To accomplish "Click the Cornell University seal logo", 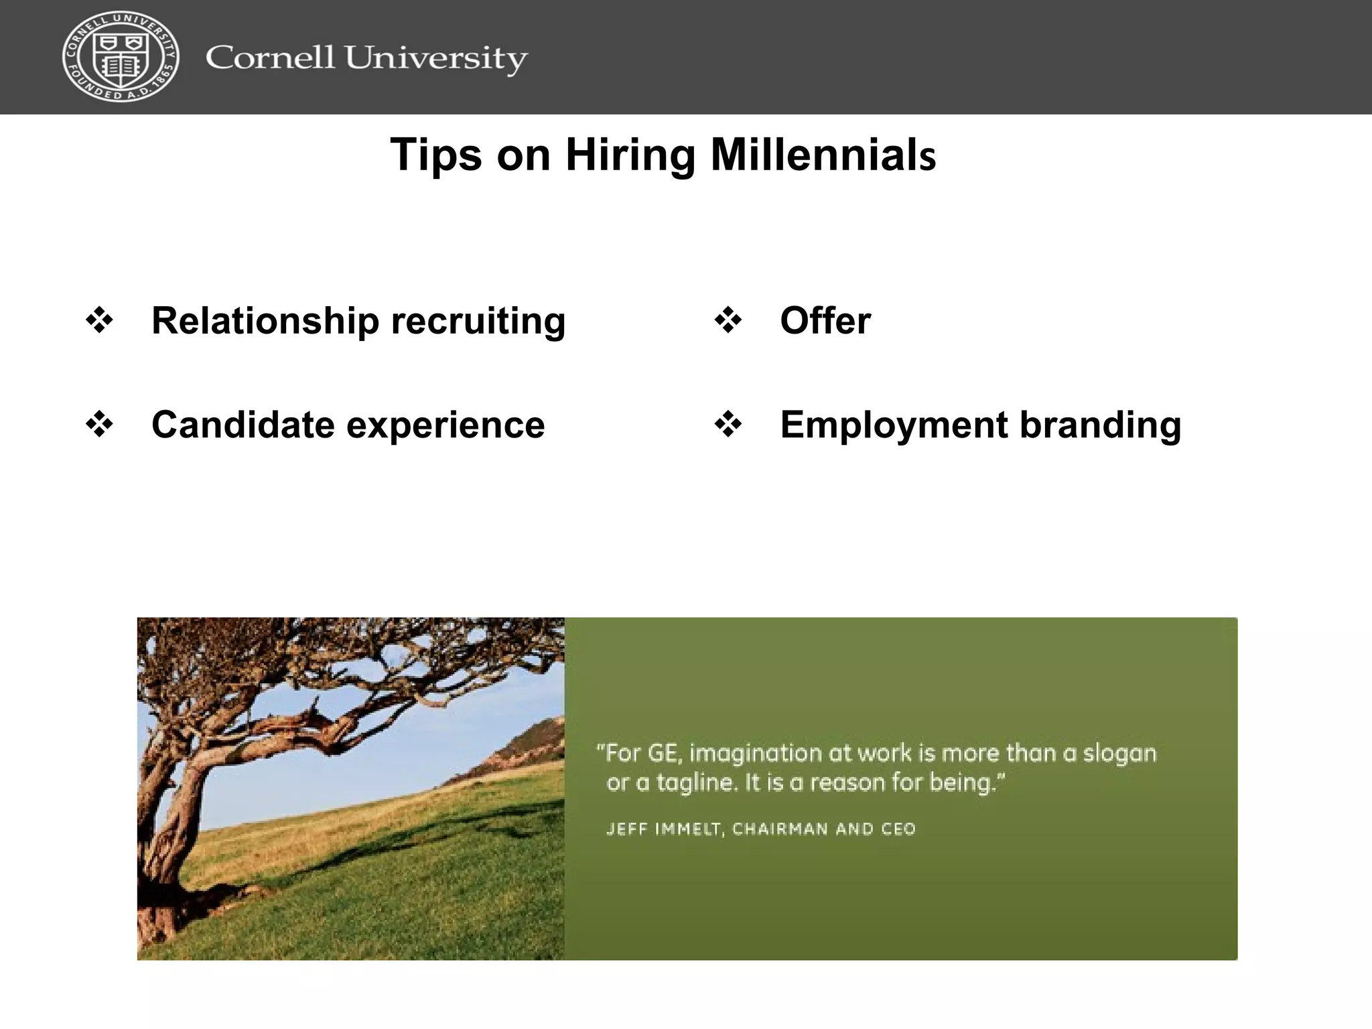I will point(121,56).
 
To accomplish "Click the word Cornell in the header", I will point(269,58).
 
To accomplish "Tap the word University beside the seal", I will point(436,59).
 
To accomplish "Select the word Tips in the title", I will point(435,155).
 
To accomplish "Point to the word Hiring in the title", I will point(630,155).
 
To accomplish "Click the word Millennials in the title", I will point(823,155).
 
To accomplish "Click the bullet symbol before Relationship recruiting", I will point(100,320).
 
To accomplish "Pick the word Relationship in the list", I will point(265,320).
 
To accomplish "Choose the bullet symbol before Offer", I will point(728,320).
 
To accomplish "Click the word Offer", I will point(825,320).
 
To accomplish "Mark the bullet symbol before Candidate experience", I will point(100,425).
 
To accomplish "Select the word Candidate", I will point(243,425).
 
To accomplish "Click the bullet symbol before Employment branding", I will point(728,425).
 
